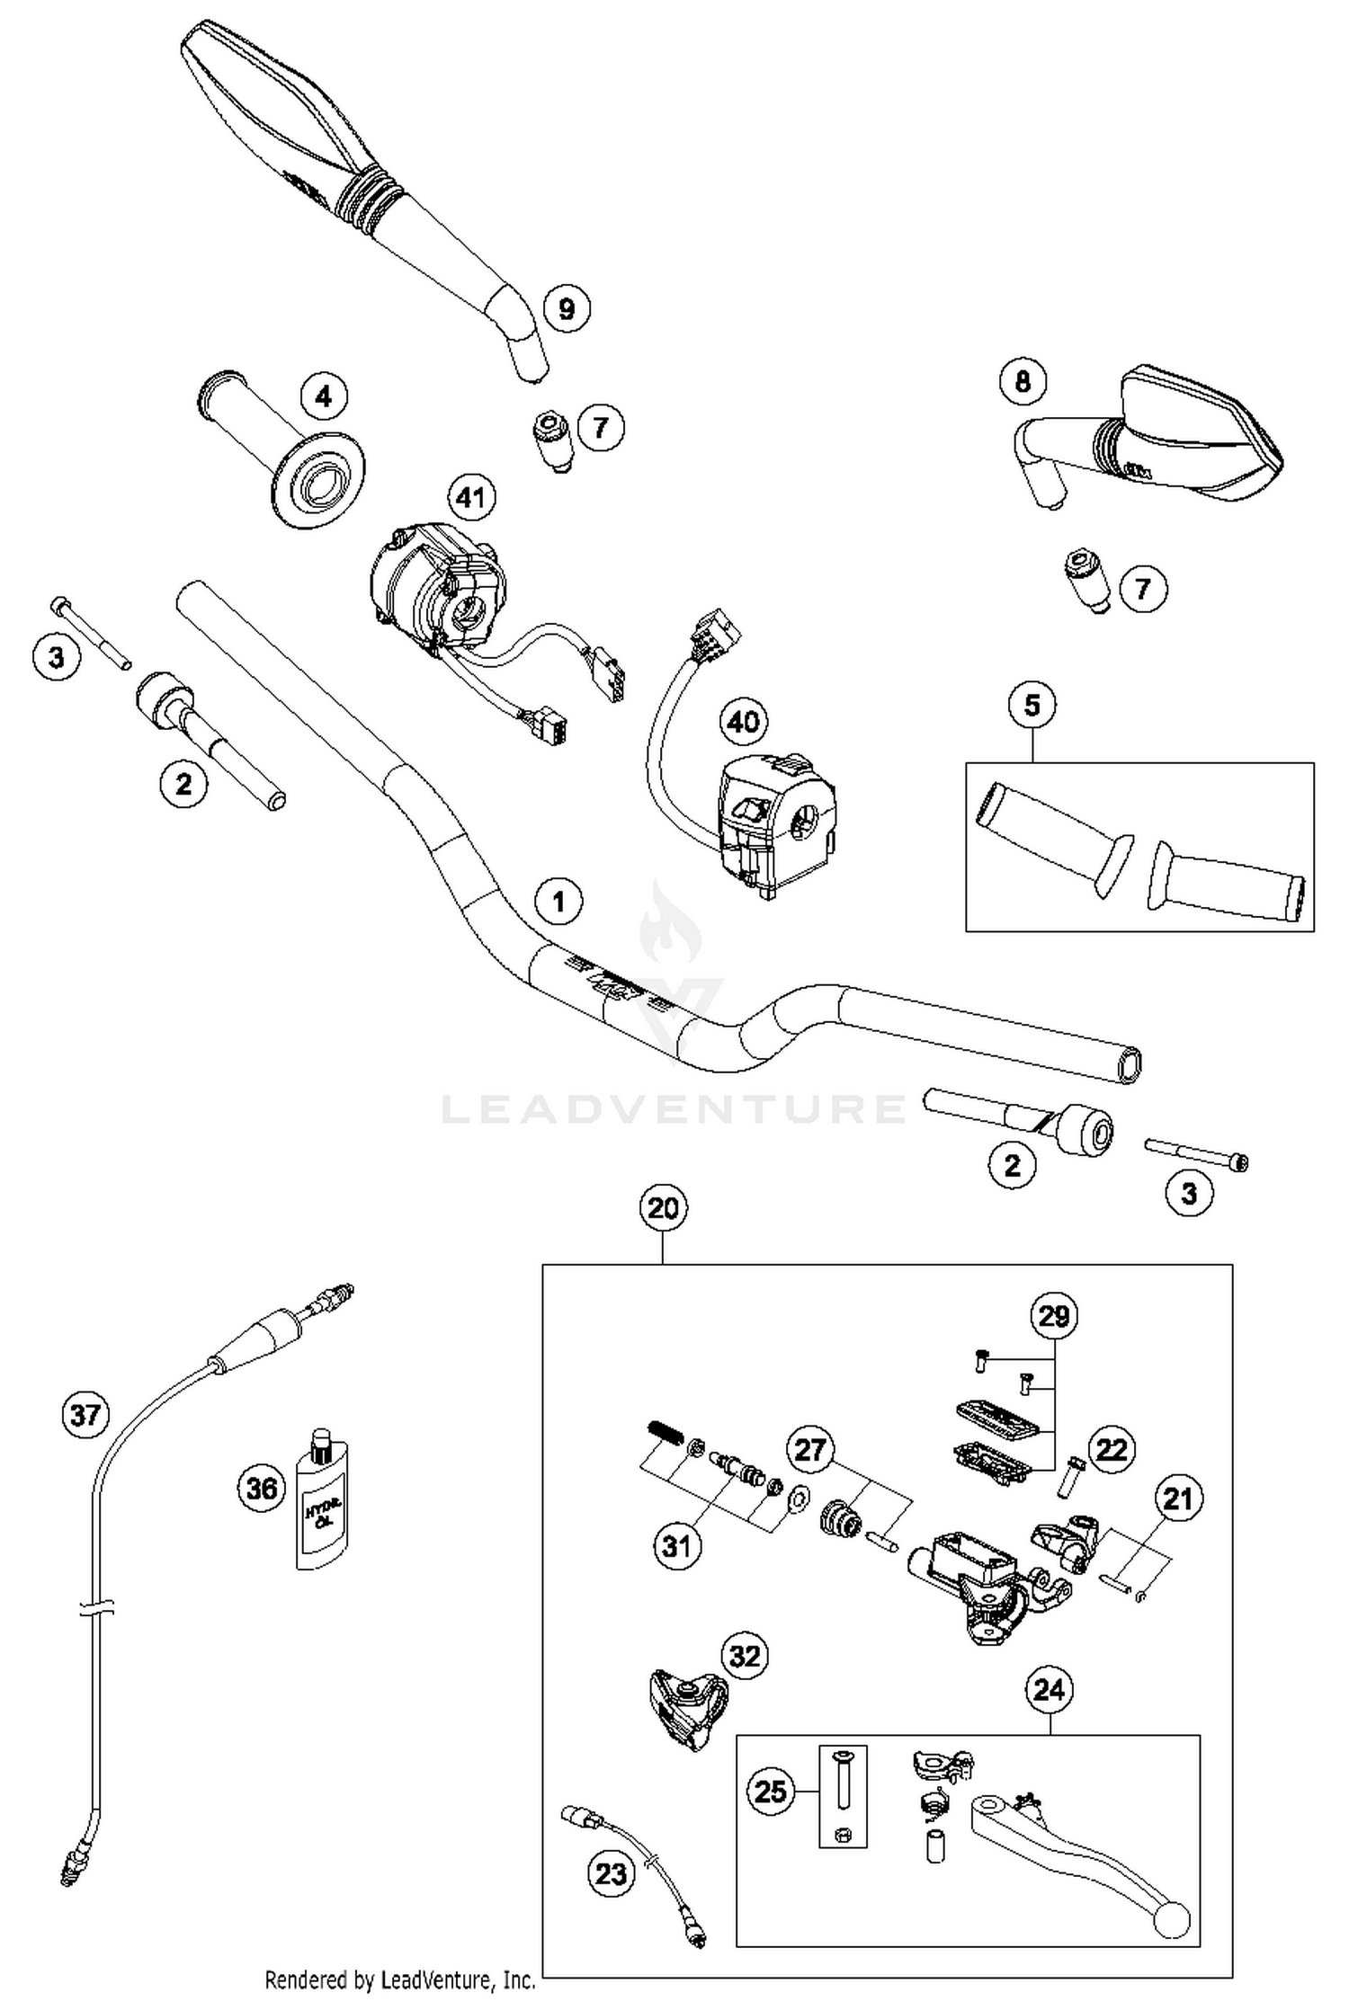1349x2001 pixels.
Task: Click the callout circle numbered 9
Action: [567, 309]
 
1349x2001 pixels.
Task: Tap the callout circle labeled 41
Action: [471, 497]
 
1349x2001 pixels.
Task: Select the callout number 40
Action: [744, 721]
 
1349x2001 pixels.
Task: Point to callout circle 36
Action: [262, 1489]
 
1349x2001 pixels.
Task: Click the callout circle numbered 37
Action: [85, 1416]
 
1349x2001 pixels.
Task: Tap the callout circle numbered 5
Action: [1032, 706]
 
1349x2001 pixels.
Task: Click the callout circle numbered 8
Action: [1023, 381]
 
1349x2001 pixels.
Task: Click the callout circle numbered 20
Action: [663, 1208]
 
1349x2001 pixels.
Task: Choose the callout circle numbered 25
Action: [771, 1791]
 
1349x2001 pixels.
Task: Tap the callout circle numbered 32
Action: [745, 1655]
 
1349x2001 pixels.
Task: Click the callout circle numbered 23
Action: [611, 1874]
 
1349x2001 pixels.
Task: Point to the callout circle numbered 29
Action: [1054, 1316]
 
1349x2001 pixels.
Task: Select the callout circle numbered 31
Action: [676, 1546]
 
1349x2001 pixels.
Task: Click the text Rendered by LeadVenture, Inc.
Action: [400, 1979]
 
